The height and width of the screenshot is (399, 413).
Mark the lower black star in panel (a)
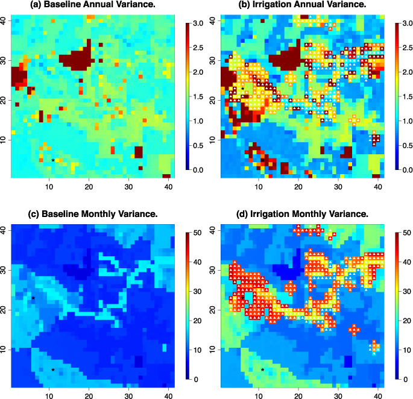point(53,160)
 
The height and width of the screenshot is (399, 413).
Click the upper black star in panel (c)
point(33,298)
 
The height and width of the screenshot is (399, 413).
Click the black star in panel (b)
point(242,89)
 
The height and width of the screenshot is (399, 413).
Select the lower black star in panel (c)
point(53,369)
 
